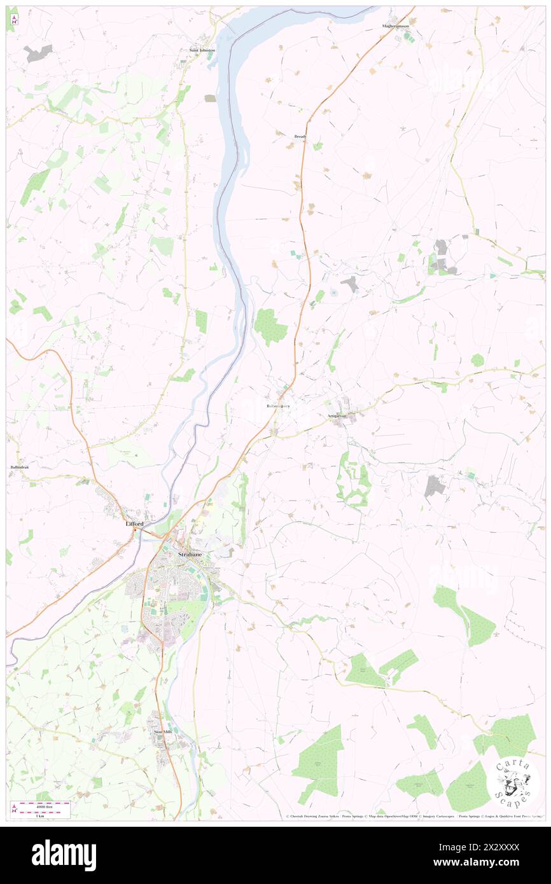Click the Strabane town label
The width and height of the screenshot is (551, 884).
click(x=191, y=555)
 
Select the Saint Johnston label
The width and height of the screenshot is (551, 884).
click(x=202, y=50)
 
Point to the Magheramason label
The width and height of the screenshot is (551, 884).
click(x=395, y=26)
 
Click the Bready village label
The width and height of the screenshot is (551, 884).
click(x=300, y=136)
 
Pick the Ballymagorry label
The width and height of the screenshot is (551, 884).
click(x=278, y=406)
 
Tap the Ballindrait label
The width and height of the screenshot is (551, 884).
click(x=19, y=467)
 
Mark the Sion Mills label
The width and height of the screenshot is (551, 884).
click(x=164, y=732)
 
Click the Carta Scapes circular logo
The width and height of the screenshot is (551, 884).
click(x=513, y=782)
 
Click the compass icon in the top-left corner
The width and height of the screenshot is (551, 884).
click(x=13, y=20)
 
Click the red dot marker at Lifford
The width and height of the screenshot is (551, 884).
click(x=135, y=530)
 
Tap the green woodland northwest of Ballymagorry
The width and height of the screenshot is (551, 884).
click(x=271, y=326)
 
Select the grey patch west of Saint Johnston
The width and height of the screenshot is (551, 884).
click(x=39, y=53)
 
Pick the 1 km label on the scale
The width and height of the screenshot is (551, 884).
click(x=41, y=815)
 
